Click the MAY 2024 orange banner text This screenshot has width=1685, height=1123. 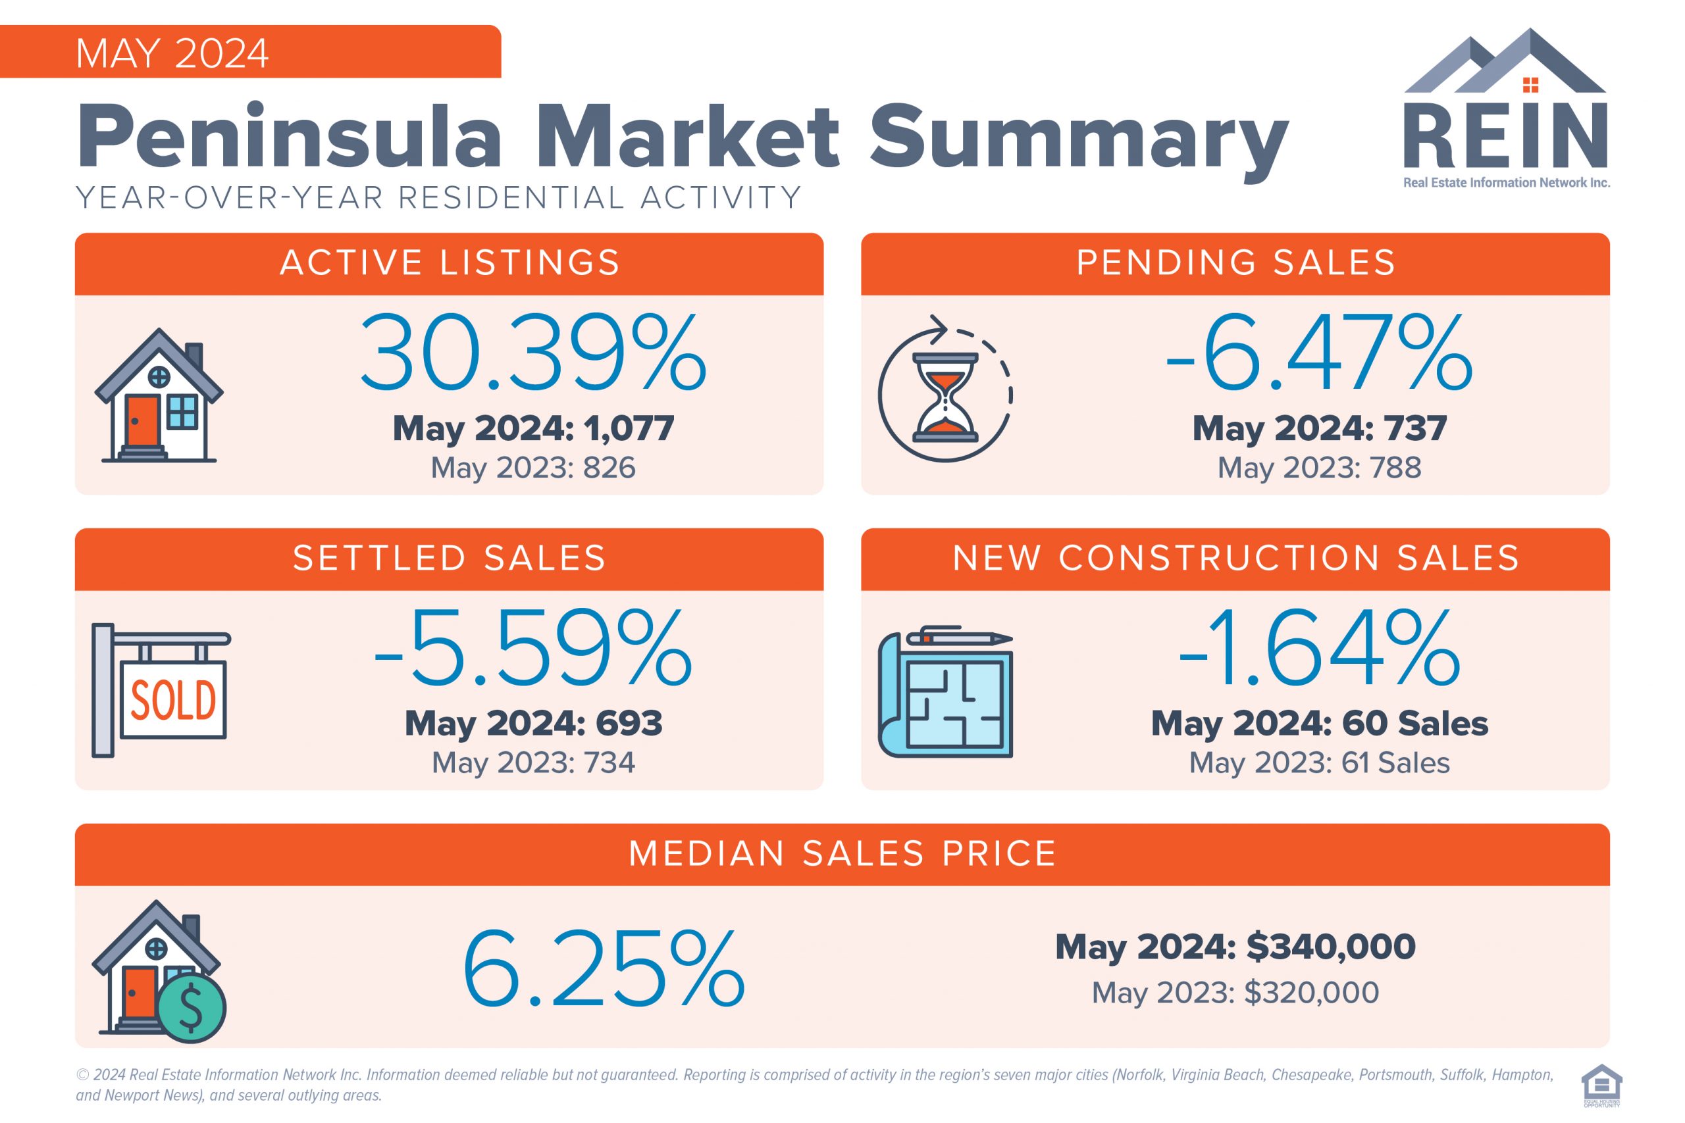click(172, 54)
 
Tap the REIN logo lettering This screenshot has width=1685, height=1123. click(1505, 137)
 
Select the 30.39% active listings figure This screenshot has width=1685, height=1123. click(532, 353)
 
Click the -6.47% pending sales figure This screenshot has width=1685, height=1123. click(1319, 353)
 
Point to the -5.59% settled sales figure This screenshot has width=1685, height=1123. click(532, 647)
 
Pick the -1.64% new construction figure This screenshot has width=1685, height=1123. click(1319, 647)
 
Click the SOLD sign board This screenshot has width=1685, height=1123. click(173, 700)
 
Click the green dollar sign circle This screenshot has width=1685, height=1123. click(191, 1008)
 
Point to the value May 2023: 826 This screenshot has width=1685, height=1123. click(532, 468)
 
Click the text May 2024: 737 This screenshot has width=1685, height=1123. click(1319, 428)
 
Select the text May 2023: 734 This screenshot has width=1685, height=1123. click(532, 762)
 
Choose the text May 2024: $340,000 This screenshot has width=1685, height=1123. click(1235, 946)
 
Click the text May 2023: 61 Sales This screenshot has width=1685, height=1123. click(1319, 762)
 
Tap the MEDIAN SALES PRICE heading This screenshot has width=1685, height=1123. click(842, 854)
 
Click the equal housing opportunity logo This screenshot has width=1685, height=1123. click(1601, 1084)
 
